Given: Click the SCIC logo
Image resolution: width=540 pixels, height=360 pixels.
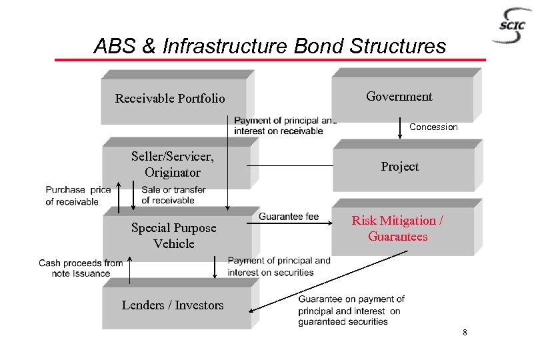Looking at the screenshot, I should pyautogui.click(x=513, y=26).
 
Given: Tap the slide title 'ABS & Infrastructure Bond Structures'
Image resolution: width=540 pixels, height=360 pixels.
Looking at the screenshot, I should pyautogui.click(x=270, y=46).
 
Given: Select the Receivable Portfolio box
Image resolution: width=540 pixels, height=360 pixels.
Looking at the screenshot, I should pyautogui.click(x=170, y=99).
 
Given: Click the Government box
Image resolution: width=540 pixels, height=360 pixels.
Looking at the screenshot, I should pyautogui.click(x=399, y=97).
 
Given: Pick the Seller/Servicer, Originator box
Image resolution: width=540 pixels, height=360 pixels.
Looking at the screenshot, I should pyautogui.click(x=173, y=165).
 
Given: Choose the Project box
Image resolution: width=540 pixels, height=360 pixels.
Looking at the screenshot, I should pyautogui.click(x=400, y=167).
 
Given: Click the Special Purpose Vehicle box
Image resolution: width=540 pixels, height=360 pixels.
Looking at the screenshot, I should pyautogui.click(x=173, y=235).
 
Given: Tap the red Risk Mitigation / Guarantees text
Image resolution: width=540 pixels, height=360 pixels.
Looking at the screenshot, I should pyautogui.click(x=398, y=229).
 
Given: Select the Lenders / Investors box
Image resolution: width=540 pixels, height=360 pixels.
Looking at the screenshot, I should pyautogui.click(x=173, y=305).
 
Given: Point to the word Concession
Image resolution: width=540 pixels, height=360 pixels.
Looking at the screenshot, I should pyautogui.click(x=433, y=127).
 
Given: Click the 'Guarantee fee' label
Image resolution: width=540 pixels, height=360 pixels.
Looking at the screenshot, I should pyautogui.click(x=289, y=217).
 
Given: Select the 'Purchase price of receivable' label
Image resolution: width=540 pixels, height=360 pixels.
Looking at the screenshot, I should pyautogui.click(x=78, y=195).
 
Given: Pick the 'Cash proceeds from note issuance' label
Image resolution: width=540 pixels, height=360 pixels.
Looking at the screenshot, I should pyautogui.click(x=81, y=268).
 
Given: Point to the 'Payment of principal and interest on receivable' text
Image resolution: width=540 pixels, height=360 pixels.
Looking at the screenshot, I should pyautogui.click(x=285, y=125).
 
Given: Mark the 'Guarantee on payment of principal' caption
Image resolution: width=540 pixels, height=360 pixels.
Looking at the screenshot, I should pyautogui.click(x=351, y=310).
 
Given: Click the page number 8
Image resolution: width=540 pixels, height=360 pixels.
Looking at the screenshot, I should pyautogui.click(x=465, y=332).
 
